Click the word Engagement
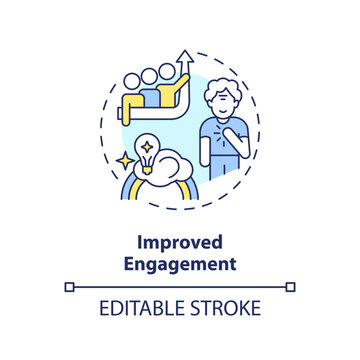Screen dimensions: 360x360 click(180, 267)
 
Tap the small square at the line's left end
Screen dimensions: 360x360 click(69, 287)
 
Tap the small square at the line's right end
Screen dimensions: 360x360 click(291, 287)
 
